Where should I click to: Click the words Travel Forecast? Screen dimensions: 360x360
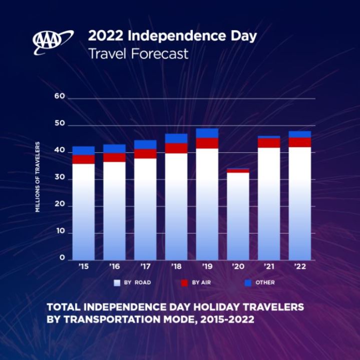click(x=138, y=54)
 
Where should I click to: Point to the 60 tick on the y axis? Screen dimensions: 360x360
click(x=60, y=97)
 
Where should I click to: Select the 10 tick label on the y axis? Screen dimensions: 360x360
click(x=60, y=232)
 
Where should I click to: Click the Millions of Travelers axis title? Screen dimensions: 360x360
click(x=38, y=176)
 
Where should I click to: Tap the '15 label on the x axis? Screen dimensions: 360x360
click(x=83, y=266)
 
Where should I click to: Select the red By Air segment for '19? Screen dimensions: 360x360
click(x=207, y=143)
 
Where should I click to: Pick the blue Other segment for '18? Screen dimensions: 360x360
click(x=176, y=138)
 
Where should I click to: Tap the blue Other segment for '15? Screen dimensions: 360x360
click(x=84, y=151)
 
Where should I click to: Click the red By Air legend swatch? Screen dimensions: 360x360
click(x=184, y=283)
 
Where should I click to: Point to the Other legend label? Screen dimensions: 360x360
click(x=265, y=283)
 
